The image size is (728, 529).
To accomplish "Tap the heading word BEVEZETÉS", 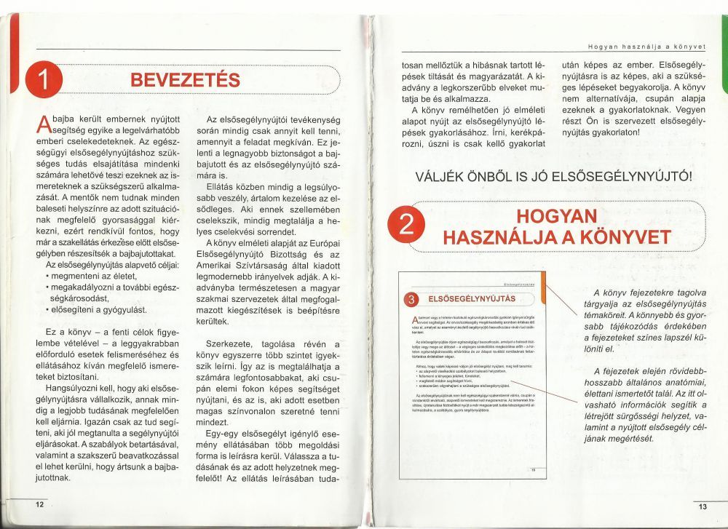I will click(x=185, y=79).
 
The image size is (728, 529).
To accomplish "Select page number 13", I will click(x=702, y=506).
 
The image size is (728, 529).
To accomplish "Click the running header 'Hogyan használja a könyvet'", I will click(x=646, y=47).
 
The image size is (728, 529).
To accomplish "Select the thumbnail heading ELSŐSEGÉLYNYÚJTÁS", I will click(x=471, y=298).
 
